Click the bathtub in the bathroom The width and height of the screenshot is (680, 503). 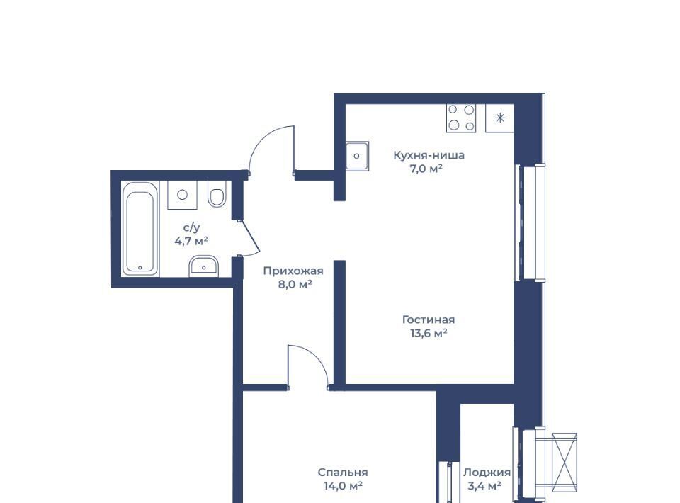(x=140, y=228)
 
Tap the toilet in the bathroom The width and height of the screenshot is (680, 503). (x=217, y=193)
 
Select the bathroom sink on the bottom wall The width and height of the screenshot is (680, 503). (x=204, y=266)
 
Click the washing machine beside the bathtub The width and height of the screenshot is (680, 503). (x=182, y=195)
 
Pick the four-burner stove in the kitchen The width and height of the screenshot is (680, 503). (x=461, y=118)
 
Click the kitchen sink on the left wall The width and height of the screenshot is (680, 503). (x=357, y=156)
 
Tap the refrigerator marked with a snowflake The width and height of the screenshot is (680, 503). (x=499, y=118)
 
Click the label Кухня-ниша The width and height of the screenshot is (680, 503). (x=429, y=155)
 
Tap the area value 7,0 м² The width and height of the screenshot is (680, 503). (x=426, y=169)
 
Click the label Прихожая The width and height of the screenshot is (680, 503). (x=293, y=271)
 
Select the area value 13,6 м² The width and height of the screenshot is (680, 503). (x=429, y=334)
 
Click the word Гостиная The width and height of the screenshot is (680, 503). (x=429, y=320)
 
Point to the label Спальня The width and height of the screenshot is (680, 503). (x=343, y=473)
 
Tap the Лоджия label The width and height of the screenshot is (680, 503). (x=487, y=473)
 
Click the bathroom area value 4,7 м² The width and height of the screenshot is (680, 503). (x=191, y=241)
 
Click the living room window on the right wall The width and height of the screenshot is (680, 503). (x=529, y=222)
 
